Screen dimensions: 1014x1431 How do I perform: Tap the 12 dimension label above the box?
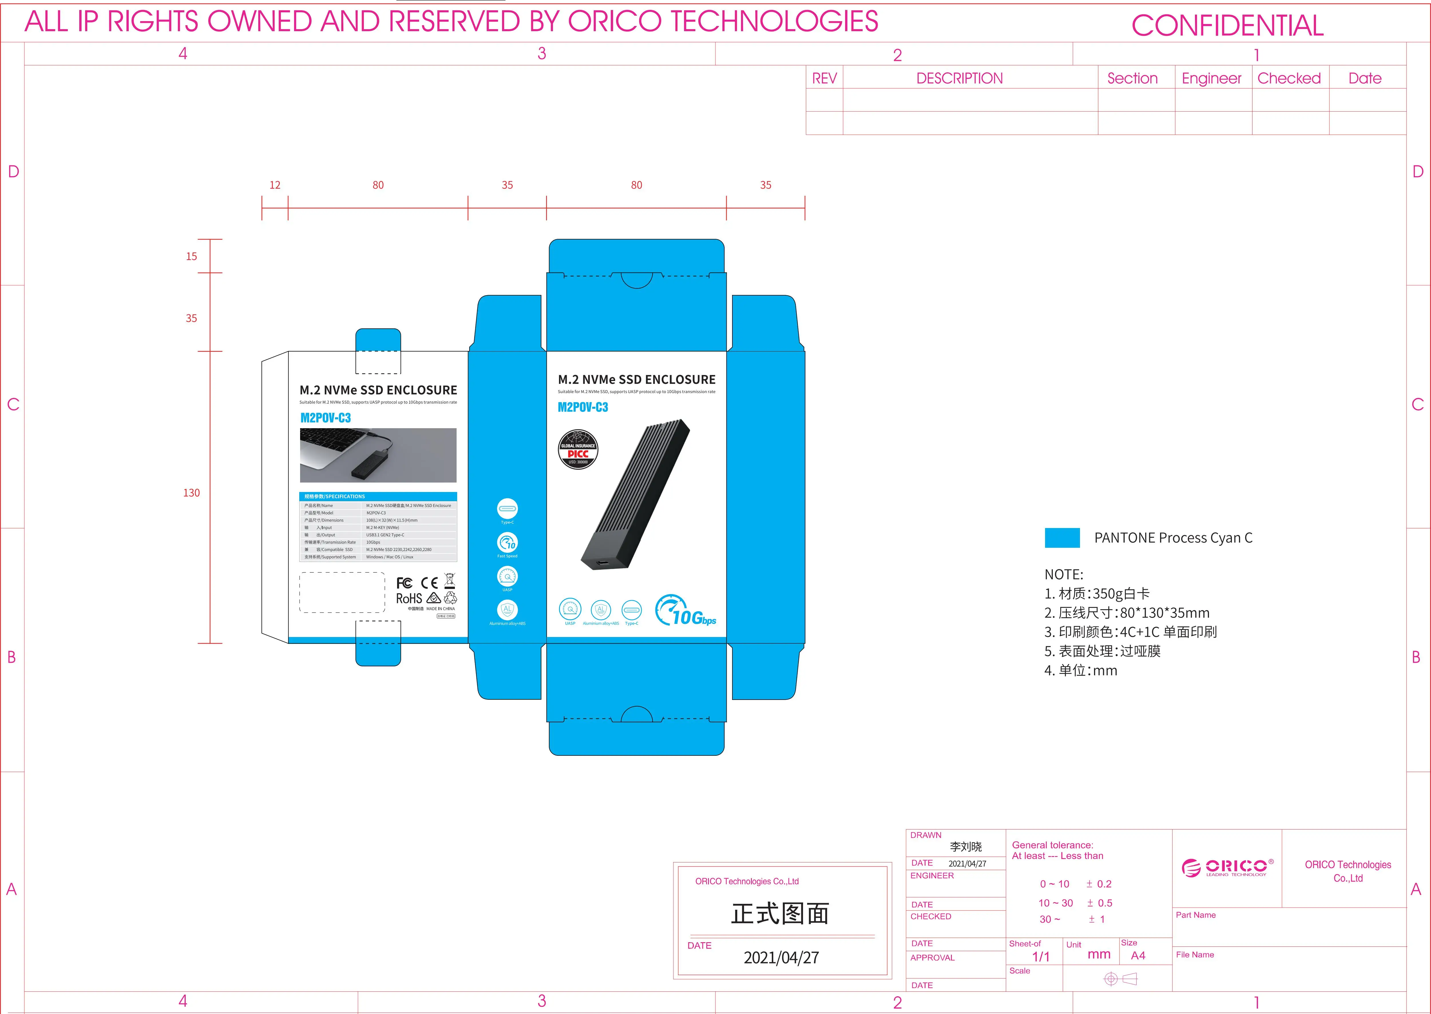[x=275, y=185]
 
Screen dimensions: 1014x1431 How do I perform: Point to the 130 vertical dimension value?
[x=191, y=493]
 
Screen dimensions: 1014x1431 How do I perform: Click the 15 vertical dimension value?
[x=191, y=256]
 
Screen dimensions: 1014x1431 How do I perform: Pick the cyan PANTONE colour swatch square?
[x=1062, y=537]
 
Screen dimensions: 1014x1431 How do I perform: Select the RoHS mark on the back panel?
[x=409, y=598]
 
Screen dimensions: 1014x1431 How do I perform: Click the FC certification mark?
[x=404, y=583]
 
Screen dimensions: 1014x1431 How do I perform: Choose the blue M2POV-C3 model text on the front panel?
[x=582, y=407]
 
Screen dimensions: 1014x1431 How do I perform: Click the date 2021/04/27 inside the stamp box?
[x=781, y=957]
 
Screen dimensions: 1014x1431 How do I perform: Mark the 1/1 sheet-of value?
[x=1041, y=957]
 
